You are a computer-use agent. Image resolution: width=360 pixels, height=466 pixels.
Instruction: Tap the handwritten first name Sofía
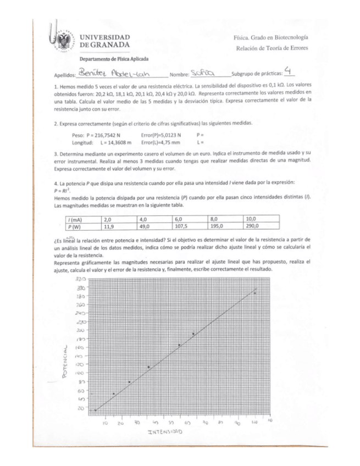pos(201,73)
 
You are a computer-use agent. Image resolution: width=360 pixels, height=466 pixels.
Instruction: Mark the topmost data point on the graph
pos(254,293)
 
